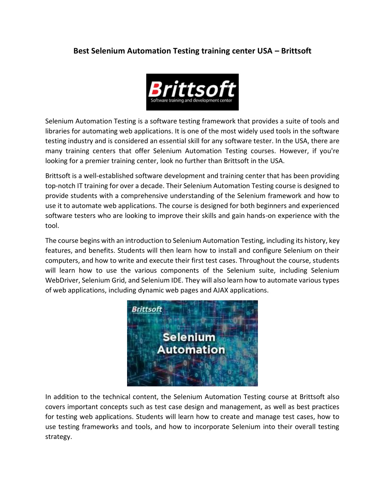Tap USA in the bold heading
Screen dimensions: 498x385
(265, 51)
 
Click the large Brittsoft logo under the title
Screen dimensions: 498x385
(192, 89)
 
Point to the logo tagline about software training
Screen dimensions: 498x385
(191, 100)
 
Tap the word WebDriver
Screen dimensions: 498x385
(62, 280)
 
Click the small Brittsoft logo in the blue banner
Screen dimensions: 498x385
(147, 310)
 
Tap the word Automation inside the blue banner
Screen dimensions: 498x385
(191, 350)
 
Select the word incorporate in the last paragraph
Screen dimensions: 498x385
(211, 427)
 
